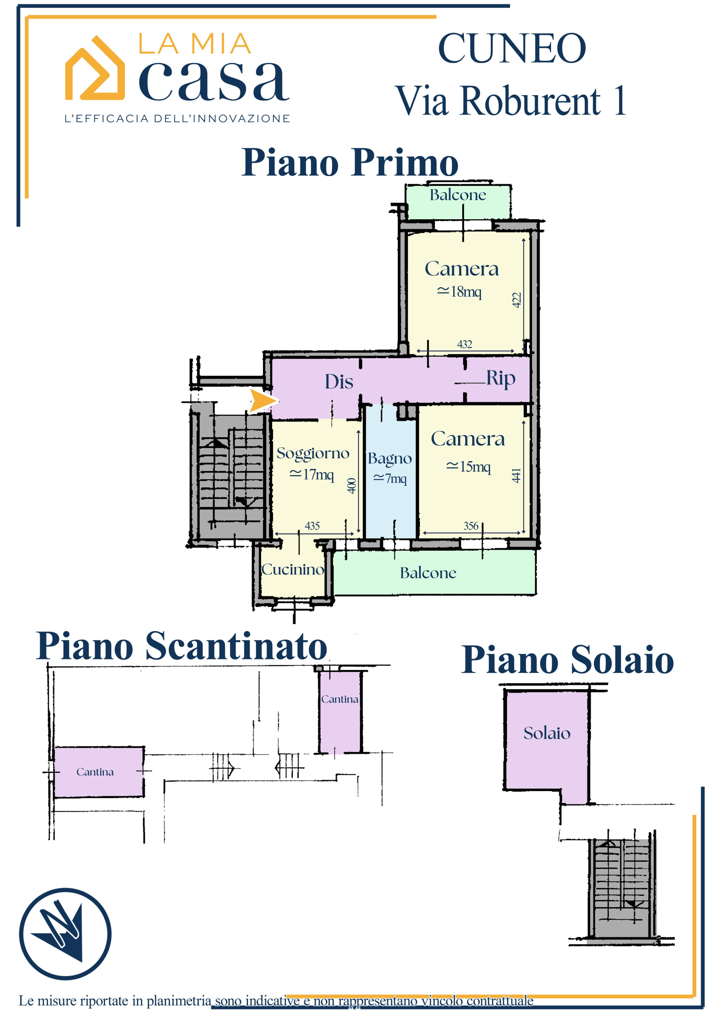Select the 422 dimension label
tap(517, 300)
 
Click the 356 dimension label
tap(471, 526)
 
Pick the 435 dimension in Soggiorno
tap(312, 526)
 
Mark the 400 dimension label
tap(351, 485)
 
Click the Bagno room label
tap(390, 458)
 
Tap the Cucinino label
tap(292, 569)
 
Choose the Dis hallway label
tap(339, 382)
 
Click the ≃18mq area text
tap(459, 292)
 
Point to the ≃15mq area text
tap(468, 467)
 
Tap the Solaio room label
tap(547, 733)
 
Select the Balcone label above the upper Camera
tap(458, 195)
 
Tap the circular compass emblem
tap(65, 934)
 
